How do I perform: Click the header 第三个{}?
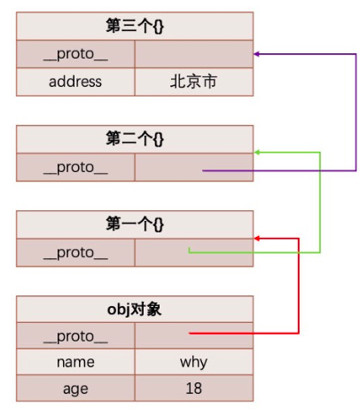(x=135, y=26)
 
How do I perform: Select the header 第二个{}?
(x=135, y=139)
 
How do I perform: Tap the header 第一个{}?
(x=135, y=224)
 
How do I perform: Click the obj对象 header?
(x=135, y=310)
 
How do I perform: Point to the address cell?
(x=75, y=82)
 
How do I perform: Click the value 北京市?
(x=193, y=82)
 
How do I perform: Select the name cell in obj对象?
(x=75, y=362)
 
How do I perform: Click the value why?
(x=193, y=363)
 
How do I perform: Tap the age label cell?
(x=75, y=389)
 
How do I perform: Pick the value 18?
(x=194, y=389)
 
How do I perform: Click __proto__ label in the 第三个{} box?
(x=75, y=55)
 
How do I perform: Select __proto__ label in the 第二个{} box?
(x=75, y=169)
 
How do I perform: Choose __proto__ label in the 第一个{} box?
(x=75, y=254)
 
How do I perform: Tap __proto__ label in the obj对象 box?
(x=75, y=337)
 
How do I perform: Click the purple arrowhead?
(x=256, y=54)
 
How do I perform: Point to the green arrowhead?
(x=257, y=153)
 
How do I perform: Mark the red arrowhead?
(x=257, y=239)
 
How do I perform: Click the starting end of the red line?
(x=190, y=334)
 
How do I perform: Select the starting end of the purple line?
(x=203, y=170)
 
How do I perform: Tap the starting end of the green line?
(x=189, y=248)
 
